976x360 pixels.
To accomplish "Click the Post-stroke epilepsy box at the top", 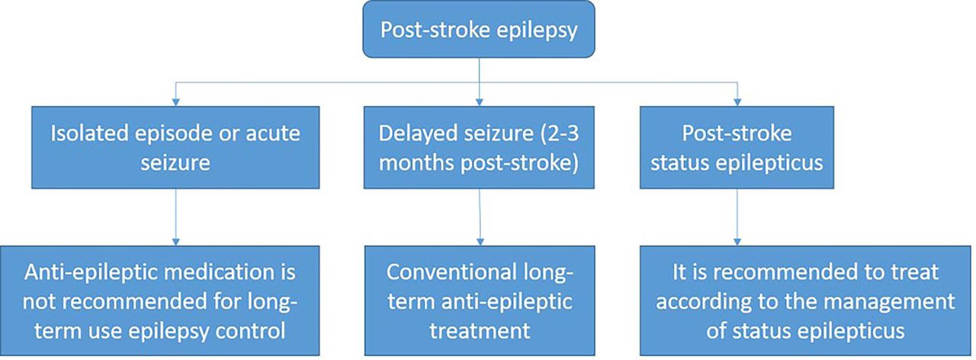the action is pos(479,29).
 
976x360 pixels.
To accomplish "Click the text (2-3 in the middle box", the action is pos(560,133).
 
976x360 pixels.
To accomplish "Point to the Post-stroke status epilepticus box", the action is pos(737,147).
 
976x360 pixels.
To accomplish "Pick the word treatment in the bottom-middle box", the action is pos(480,330).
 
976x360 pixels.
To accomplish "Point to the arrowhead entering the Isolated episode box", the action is pos(175,102).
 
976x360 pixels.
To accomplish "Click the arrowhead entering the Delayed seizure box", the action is pos(480,102).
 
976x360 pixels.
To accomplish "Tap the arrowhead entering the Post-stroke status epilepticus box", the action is pos(737,102).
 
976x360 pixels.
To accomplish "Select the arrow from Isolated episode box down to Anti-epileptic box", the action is pos(175,217).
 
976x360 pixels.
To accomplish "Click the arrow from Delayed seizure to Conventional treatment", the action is pos(480,217).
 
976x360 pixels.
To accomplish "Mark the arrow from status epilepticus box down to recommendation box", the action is pos(737,217).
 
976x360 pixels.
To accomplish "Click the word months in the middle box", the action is pos(416,163).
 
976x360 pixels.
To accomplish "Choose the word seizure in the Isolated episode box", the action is pos(175,163).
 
